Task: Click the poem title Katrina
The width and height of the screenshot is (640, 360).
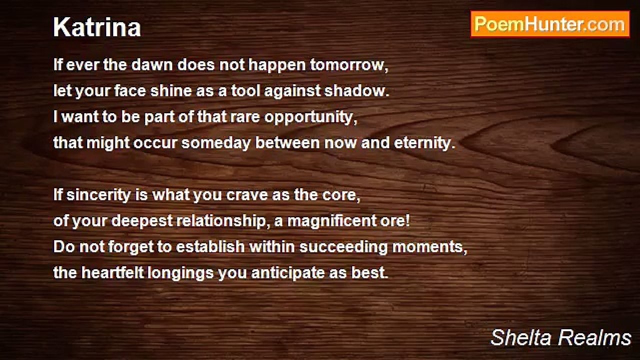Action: tap(97, 27)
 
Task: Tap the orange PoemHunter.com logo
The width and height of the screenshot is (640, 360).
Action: tap(550, 24)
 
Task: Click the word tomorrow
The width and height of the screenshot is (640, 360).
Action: tap(349, 65)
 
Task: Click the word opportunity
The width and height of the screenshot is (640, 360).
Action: tap(310, 117)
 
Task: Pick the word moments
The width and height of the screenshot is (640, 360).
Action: tap(429, 247)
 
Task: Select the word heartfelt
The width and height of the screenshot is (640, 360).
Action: tap(112, 272)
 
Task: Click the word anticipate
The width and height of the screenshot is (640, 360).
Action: tap(287, 273)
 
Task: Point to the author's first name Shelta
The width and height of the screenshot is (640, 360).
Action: tap(520, 337)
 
